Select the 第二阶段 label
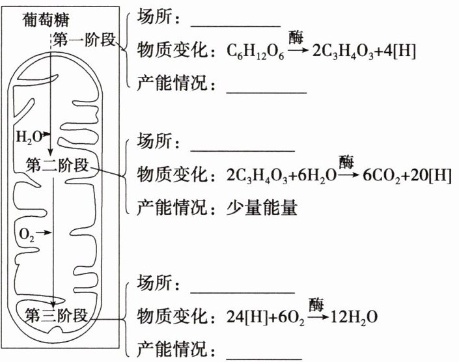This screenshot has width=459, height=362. (x=58, y=164)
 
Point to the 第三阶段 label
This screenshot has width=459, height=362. (x=56, y=316)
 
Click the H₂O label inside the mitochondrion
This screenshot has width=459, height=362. (x=28, y=137)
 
